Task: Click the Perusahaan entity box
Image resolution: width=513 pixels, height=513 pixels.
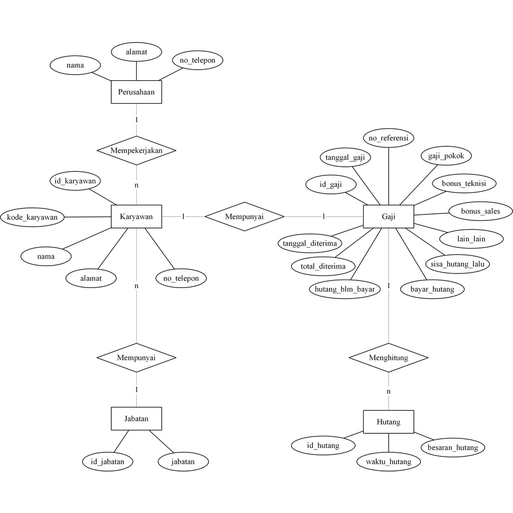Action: tap(136, 92)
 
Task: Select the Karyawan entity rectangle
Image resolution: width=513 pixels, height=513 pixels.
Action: tap(136, 216)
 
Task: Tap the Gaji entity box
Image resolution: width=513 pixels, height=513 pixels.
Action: tap(388, 216)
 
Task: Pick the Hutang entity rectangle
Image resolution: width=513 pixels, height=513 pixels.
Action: tap(388, 422)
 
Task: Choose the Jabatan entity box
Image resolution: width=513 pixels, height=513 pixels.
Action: tap(136, 418)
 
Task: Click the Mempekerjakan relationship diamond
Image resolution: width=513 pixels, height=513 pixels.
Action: tap(136, 150)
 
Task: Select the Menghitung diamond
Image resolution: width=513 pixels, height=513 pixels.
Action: tap(388, 358)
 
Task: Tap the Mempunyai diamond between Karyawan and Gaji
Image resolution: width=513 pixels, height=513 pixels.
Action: tap(244, 216)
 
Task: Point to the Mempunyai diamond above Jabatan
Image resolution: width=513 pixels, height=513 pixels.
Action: tap(136, 358)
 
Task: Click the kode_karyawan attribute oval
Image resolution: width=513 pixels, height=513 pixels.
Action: tap(33, 217)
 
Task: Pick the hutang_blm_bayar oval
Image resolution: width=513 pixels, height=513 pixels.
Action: tap(345, 289)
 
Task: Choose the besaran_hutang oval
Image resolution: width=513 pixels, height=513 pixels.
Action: tap(453, 447)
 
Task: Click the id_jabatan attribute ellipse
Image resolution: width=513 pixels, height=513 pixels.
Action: tap(108, 461)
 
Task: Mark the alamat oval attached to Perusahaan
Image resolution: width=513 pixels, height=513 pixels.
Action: tap(136, 52)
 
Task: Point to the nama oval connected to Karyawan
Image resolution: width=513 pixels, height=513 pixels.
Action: tap(46, 256)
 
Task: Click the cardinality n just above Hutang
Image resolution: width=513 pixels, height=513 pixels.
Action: tap(388, 391)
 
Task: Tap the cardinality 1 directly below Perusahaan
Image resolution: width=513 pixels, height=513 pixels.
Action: tap(136, 120)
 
